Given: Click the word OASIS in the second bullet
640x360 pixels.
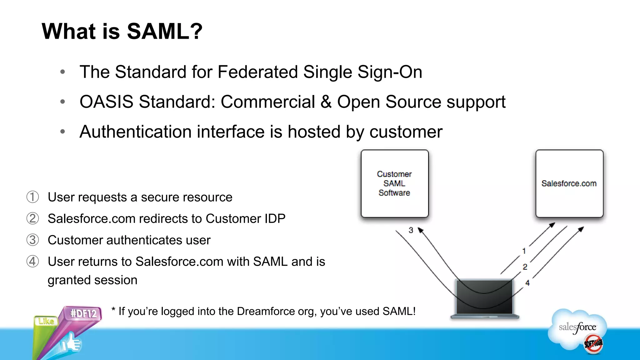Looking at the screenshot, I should [106, 102].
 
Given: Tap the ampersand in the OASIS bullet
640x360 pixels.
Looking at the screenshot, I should [326, 102].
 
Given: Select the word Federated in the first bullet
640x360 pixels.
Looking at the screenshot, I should [258, 72].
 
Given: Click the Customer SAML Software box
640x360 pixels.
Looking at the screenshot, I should [394, 183].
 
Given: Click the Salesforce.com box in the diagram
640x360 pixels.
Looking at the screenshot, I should [569, 183].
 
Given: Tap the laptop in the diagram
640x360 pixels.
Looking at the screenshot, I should [484, 298].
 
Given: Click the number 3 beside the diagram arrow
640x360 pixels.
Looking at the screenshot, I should [411, 230].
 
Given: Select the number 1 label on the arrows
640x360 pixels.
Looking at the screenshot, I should [524, 251].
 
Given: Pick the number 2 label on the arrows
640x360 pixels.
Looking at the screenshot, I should [525, 267].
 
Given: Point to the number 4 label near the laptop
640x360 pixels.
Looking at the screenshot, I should [527, 283].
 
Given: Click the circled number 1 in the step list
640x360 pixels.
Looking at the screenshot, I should [32, 197].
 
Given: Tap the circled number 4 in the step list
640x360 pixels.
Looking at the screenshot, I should [32, 262].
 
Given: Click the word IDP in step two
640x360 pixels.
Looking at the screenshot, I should [275, 219].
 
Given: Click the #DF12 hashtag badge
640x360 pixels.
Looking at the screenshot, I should [83, 313].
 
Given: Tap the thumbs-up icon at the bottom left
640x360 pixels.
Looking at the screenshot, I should [71, 343].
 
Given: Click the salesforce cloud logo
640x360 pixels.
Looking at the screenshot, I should [577, 328].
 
